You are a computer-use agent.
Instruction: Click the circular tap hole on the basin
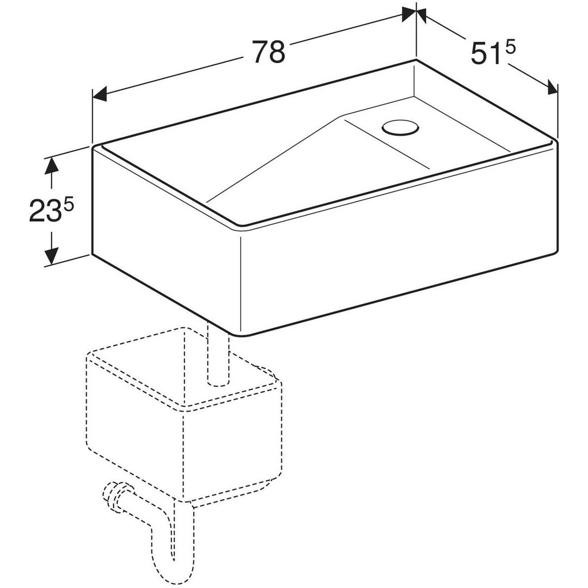400,127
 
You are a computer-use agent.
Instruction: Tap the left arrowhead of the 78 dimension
100,94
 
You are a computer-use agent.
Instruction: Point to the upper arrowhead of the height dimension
52,166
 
